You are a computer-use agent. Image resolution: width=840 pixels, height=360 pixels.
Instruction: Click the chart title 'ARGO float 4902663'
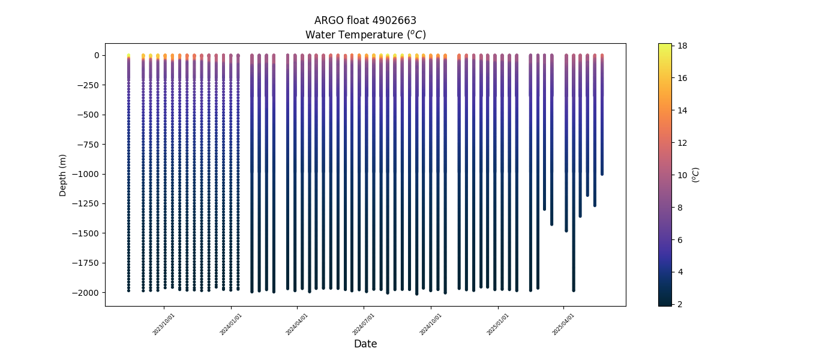(365, 21)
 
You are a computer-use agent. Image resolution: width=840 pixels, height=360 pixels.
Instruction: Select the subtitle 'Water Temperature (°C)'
(365, 35)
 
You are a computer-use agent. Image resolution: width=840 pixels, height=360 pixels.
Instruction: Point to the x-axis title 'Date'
(365, 344)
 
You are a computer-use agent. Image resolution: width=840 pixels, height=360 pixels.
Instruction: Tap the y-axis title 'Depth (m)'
(63, 175)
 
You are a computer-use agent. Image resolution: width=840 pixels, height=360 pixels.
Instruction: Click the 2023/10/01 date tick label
(164, 323)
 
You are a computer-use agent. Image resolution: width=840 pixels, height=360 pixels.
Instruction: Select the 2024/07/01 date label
(364, 323)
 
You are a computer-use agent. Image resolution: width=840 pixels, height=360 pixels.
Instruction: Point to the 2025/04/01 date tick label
(563, 323)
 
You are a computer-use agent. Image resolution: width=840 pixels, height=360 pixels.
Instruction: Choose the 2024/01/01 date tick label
(230, 323)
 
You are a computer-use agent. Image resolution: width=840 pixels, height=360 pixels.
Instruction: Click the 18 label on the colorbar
(682, 46)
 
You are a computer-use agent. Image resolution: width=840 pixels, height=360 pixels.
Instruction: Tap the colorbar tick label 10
(682, 175)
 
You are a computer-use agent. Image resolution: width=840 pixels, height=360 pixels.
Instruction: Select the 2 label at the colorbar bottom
(680, 304)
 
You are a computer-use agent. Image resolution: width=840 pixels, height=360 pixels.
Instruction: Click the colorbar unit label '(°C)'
(696, 175)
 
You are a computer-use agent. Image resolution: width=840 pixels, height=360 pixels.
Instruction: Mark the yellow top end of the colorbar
(665, 46)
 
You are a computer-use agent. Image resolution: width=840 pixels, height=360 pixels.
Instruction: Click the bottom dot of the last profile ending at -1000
(602, 173)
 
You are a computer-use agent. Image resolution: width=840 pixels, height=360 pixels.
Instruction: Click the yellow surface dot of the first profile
(128, 56)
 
